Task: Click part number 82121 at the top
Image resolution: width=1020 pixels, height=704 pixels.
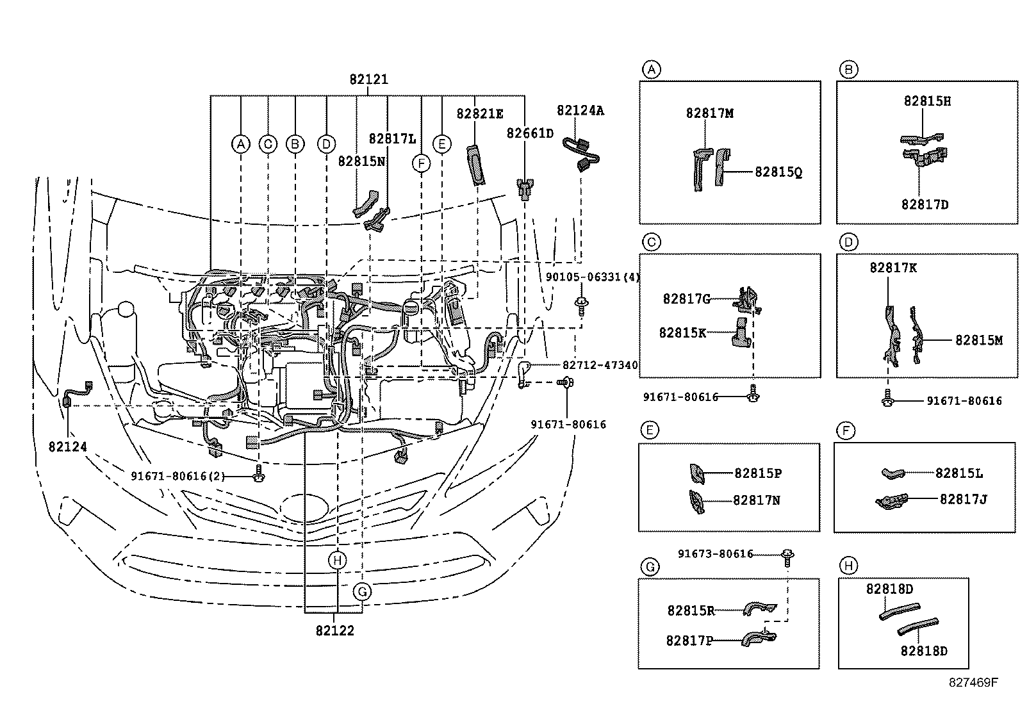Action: (x=368, y=80)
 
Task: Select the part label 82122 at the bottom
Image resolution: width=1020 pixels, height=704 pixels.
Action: (x=334, y=630)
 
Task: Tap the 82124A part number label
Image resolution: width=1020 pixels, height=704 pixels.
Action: (x=580, y=111)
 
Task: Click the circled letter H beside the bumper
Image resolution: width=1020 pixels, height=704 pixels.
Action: (x=337, y=561)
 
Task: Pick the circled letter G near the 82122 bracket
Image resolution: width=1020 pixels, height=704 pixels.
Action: (x=363, y=591)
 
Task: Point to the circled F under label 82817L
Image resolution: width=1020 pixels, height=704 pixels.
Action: (x=421, y=164)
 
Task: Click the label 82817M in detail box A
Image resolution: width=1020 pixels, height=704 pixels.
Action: (x=709, y=113)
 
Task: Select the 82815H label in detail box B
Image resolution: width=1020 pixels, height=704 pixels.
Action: (x=927, y=101)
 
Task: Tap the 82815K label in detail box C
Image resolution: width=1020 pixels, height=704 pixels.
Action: (x=682, y=332)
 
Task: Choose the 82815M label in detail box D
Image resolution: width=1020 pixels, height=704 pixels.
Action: (x=978, y=341)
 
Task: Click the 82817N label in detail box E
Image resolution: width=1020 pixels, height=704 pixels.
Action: (x=756, y=500)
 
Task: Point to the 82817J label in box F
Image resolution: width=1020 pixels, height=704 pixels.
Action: (x=963, y=499)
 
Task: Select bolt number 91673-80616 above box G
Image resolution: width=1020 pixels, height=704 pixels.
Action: (x=715, y=554)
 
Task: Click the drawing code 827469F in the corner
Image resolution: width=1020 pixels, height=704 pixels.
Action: (x=973, y=682)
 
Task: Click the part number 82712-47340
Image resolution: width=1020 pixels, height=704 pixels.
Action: (x=600, y=365)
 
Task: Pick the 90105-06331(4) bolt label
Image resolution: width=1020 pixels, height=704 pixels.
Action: (x=593, y=277)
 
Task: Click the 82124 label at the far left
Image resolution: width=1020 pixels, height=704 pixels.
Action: (x=67, y=446)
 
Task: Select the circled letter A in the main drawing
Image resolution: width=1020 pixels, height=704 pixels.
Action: (x=240, y=144)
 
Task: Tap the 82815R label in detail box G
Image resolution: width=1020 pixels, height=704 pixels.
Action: (x=690, y=611)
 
